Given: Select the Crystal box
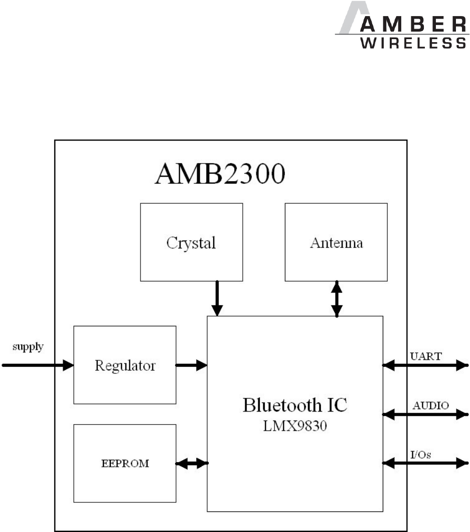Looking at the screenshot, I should [x=191, y=242].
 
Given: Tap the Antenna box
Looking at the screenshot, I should [x=336, y=242].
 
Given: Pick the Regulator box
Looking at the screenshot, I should [x=125, y=365].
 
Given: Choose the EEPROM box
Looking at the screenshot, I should [x=125, y=463].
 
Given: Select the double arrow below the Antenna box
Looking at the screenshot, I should [x=337, y=298].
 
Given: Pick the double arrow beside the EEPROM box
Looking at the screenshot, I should [x=192, y=463].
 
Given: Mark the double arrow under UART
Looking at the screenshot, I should [x=425, y=366].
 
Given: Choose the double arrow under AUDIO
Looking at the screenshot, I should [x=425, y=414].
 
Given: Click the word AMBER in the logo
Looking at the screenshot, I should [x=413, y=25].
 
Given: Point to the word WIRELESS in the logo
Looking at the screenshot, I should [x=413, y=43].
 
